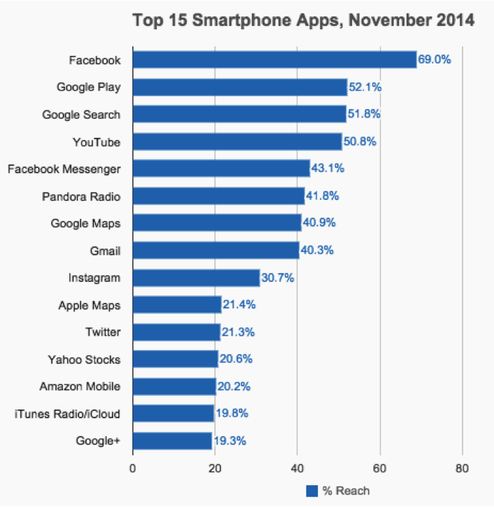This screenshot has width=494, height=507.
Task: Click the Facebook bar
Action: coord(275,59)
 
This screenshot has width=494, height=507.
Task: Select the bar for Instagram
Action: coord(197,278)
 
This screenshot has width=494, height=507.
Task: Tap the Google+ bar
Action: coord(173,441)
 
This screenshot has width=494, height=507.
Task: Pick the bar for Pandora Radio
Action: coord(219,196)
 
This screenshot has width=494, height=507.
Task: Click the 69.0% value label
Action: coord(434,59)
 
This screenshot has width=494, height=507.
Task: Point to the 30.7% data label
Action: coord(278,278)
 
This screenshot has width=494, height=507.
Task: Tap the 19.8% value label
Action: coord(232,414)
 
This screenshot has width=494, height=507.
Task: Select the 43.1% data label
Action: coord(328,168)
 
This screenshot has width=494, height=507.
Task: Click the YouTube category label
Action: coord(96,142)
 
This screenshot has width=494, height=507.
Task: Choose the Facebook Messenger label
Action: coord(64,169)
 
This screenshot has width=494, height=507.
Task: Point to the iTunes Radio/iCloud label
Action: coord(68,414)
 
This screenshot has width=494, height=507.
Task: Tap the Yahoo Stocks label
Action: coord(84,360)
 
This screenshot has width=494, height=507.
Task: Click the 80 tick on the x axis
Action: coord(462,468)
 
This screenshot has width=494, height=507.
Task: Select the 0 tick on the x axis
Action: coord(132,468)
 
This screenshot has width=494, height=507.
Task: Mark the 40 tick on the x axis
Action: coord(297,468)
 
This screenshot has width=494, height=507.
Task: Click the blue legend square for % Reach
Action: coord(312,491)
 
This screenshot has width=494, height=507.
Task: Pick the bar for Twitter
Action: coord(177,332)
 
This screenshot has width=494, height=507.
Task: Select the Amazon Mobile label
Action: coord(80,386)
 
